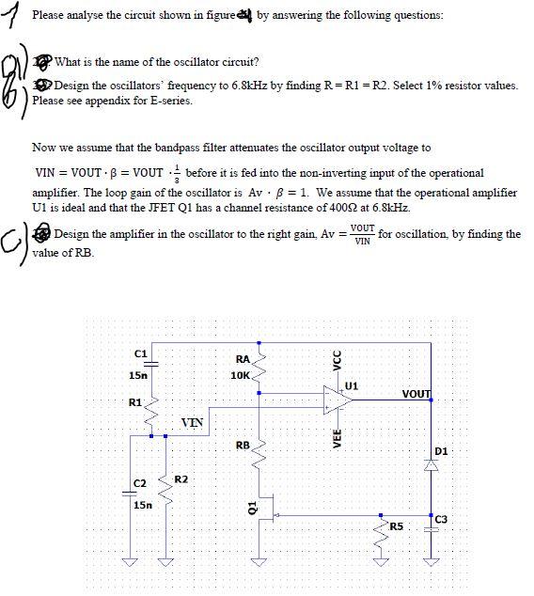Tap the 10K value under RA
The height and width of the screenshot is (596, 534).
tap(241, 375)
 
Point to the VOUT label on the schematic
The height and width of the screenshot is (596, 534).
tap(416, 394)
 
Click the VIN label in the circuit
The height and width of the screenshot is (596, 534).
tap(192, 421)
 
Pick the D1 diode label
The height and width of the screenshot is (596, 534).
tap(443, 451)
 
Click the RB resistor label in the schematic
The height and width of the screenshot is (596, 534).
tap(243, 445)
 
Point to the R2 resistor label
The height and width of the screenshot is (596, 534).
tap(181, 480)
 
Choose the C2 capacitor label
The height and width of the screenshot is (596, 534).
tap(139, 483)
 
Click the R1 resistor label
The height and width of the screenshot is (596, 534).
tap(134, 402)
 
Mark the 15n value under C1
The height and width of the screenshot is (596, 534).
tap(137, 375)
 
